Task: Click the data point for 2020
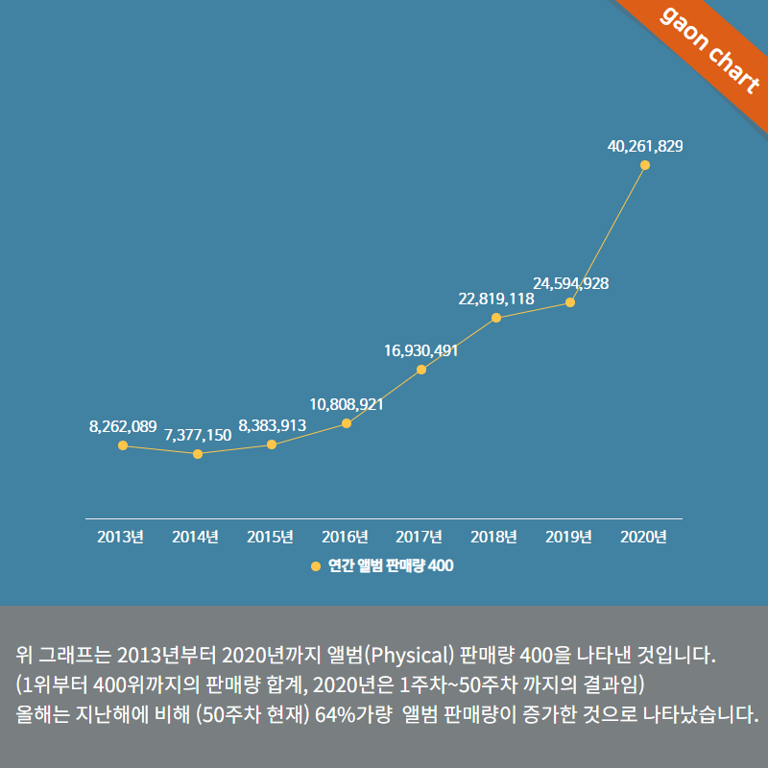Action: (x=645, y=165)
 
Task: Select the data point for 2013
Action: (x=123, y=445)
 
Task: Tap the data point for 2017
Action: (x=421, y=370)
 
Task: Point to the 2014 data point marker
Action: (x=198, y=453)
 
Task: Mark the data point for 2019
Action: (x=570, y=302)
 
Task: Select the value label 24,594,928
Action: (x=570, y=283)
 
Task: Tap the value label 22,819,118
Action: (x=496, y=299)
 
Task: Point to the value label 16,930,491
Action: (x=421, y=350)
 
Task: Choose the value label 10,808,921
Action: (x=347, y=404)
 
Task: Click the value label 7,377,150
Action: (x=198, y=435)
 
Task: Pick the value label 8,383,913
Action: (x=273, y=425)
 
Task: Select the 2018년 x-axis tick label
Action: (x=494, y=537)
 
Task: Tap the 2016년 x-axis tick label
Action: (x=345, y=537)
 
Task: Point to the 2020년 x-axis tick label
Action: (x=644, y=537)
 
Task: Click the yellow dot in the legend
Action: (x=316, y=566)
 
